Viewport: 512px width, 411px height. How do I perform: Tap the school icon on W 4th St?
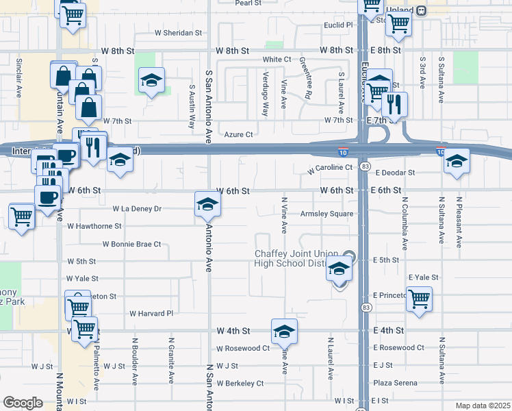coord(284,332)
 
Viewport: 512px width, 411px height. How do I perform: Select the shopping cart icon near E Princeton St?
coord(419,299)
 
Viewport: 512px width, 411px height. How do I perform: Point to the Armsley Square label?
coord(327,214)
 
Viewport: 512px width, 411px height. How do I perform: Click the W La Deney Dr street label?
coord(137,208)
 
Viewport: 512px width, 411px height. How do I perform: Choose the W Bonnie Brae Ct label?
coord(131,244)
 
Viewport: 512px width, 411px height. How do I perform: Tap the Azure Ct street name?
coord(239,135)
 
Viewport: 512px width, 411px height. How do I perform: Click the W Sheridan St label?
coord(179,32)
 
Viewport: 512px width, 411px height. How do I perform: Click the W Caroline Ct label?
coord(330,167)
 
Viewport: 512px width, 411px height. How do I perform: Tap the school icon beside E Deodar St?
coord(457,162)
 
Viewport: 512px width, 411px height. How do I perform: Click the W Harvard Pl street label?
coord(152,314)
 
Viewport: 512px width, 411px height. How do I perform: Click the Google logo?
coord(23,403)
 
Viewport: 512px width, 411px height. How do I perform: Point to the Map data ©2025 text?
coord(482,406)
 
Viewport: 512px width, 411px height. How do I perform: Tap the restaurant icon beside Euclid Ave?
coord(394,105)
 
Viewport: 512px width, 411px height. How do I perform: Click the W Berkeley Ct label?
coord(240,384)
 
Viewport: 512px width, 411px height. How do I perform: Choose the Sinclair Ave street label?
coord(19,77)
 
